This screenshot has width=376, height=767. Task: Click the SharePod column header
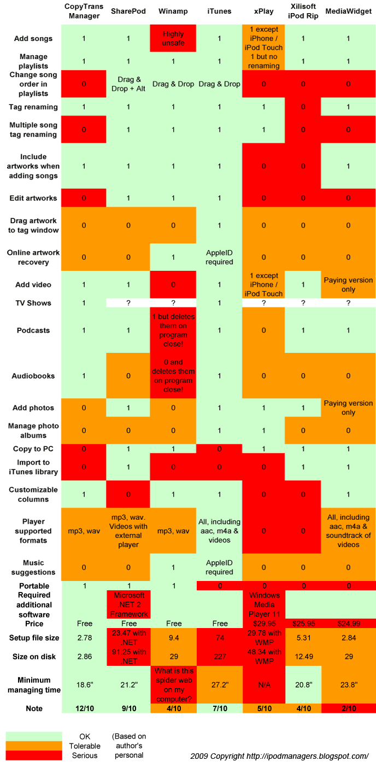[x=128, y=11]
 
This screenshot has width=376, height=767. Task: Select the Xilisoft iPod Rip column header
[x=304, y=11]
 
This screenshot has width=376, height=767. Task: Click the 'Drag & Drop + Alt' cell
[x=128, y=84]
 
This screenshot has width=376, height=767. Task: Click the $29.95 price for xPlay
[x=264, y=624]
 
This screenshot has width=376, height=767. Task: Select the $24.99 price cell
[x=348, y=624]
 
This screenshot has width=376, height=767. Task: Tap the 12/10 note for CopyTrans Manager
[x=84, y=709]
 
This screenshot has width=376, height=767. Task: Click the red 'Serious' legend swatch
[x=34, y=756]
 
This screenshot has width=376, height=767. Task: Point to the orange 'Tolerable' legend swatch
[x=34, y=746]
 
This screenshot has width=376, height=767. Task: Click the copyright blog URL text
[x=279, y=756]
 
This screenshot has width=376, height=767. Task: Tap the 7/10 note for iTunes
[x=219, y=709]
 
